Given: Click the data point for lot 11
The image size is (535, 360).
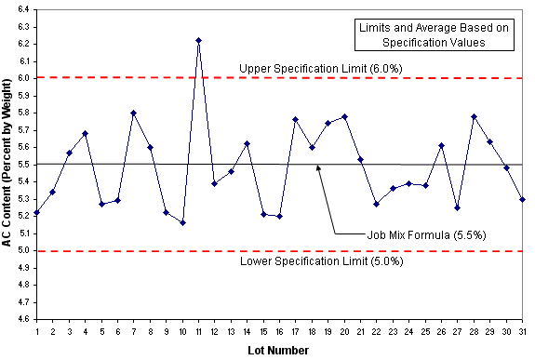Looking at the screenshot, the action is click(198, 41).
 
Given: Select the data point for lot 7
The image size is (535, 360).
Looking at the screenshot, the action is click(134, 113).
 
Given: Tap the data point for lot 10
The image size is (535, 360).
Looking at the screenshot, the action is click(182, 223).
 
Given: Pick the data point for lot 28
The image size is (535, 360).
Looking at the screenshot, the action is click(474, 116).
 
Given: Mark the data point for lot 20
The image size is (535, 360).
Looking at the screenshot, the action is click(344, 116).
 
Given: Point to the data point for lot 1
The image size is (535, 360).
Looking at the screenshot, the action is click(37, 213).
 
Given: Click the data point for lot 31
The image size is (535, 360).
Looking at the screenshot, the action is click(522, 200).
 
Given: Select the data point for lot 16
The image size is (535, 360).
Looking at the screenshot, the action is click(280, 217).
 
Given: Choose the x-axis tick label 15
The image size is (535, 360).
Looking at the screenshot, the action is click(263, 331).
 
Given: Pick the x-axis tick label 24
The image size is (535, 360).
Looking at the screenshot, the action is click(409, 331).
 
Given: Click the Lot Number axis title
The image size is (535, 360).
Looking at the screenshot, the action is click(278, 351).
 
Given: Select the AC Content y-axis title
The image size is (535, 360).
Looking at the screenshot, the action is click(7, 163).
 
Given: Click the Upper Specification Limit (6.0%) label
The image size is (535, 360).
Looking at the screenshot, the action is click(321, 69).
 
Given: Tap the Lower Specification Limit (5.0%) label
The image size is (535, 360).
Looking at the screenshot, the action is click(322, 261).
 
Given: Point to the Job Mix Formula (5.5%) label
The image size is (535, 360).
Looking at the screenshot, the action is click(426, 235).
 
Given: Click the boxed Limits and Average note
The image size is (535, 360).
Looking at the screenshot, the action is click(434, 34).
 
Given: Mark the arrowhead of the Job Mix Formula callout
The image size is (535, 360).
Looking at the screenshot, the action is click(318, 167).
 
